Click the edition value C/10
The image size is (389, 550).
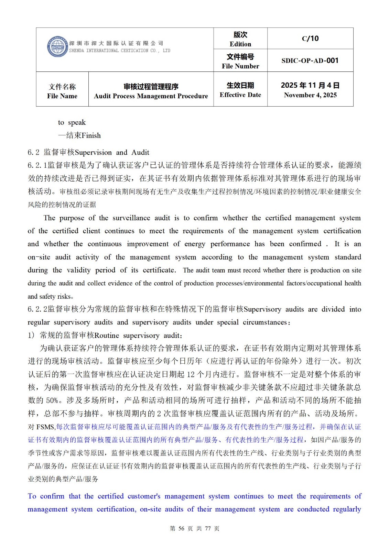pyautogui.click(x=310, y=38)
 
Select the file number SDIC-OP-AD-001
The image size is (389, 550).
pyautogui.click(x=310, y=60)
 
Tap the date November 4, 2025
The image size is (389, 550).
pyautogui.click(x=310, y=95)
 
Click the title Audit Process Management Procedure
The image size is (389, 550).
pyautogui.click(x=151, y=96)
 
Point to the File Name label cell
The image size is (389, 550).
pyautogui.click(x=62, y=91)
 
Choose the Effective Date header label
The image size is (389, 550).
pyautogui.click(x=240, y=95)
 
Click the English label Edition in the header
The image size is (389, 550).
pyautogui.click(x=240, y=44)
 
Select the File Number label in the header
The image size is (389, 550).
pyautogui.click(x=240, y=66)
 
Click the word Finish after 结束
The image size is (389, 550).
pyautogui.click(x=91, y=135)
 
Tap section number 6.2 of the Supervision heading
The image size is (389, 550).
pyautogui.click(x=33, y=152)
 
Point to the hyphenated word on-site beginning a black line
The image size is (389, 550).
pyautogui.click(x=39, y=257)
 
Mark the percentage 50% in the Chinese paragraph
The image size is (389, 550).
pyautogui.click(x=52, y=400)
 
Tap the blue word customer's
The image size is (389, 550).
pyautogui.click(x=144, y=496)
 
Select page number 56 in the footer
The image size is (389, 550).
pyautogui.click(x=181, y=528)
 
